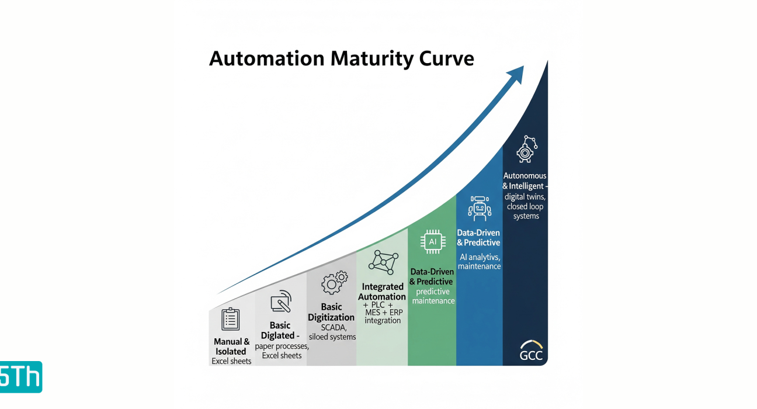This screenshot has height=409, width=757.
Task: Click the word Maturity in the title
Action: [x=371, y=59]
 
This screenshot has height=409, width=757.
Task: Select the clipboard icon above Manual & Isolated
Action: [x=231, y=319]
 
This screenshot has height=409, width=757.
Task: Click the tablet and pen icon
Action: [x=281, y=301]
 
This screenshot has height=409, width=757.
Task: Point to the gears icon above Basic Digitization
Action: [x=335, y=282]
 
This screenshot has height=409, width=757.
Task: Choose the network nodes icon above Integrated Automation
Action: [x=383, y=262]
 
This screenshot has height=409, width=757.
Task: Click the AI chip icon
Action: [x=433, y=242]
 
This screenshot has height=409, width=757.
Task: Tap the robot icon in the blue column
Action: [x=480, y=209]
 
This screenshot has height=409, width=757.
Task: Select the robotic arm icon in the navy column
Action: [x=526, y=149]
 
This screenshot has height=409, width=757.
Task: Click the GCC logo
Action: [x=532, y=351]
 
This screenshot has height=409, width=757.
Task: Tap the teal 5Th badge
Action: [x=21, y=377]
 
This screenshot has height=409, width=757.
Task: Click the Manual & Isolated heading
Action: [x=231, y=346]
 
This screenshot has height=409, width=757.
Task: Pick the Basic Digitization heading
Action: [x=331, y=312]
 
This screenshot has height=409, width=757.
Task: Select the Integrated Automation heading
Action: [x=382, y=292]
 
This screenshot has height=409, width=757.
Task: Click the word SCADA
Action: [x=333, y=328]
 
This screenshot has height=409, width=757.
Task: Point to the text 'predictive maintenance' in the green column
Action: [x=433, y=296]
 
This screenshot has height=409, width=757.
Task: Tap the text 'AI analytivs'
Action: [x=480, y=257]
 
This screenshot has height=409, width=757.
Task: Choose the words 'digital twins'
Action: [x=525, y=197]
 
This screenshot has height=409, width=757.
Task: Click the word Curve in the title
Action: [x=446, y=59]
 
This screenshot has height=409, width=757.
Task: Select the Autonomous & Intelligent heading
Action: [x=525, y=181]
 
